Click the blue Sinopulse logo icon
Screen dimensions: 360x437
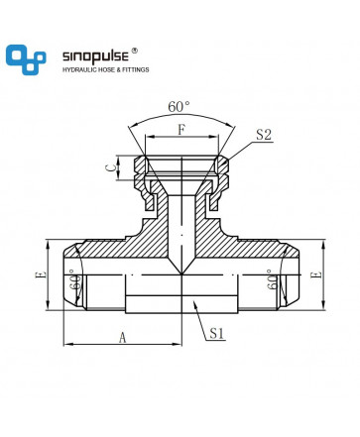26,59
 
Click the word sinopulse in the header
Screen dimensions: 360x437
95,56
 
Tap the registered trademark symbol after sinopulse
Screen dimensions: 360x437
134,51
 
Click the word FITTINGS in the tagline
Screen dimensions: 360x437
136,69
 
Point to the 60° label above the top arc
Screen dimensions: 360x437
179,107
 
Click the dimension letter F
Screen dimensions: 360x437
181,130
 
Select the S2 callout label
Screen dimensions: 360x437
264,135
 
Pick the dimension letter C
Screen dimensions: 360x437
111,167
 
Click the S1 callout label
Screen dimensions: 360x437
217,333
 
